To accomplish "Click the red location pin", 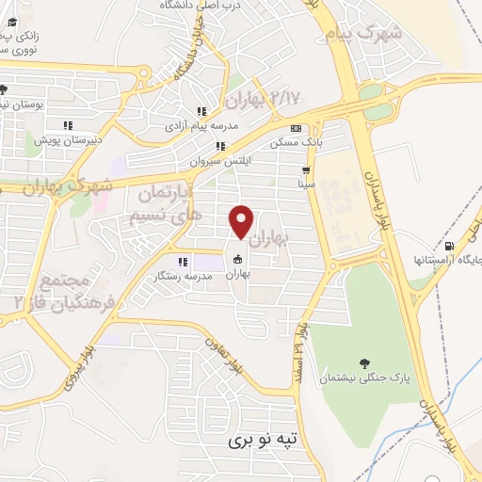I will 242,221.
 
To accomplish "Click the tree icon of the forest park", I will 364,361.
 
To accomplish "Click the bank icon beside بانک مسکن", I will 297,129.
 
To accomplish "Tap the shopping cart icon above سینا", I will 305,171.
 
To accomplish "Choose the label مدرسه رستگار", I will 183,277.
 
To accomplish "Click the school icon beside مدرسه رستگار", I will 183,262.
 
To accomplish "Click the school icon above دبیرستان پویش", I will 67,125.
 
